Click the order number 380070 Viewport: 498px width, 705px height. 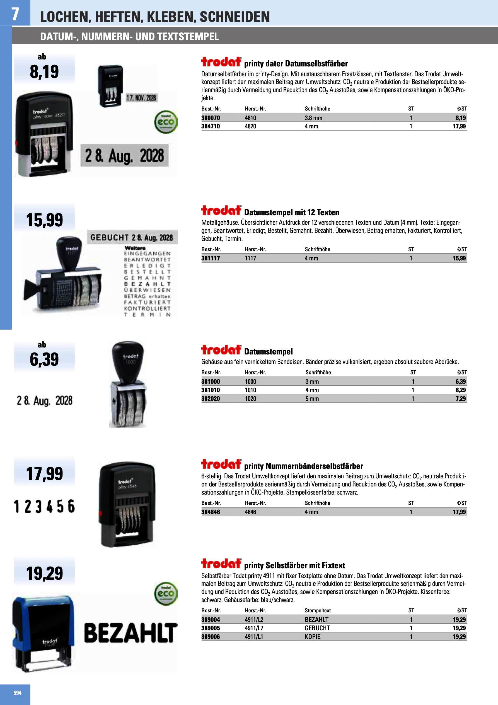(x=211, y=118)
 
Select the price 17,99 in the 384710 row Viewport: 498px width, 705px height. (x=459, y=126)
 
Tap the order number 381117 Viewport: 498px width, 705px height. (x=211, y=258)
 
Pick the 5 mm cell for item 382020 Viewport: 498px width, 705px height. (x=312, y=399)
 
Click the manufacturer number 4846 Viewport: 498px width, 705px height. (x=250, y=512)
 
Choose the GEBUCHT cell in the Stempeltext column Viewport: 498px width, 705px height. (x=317, y=628)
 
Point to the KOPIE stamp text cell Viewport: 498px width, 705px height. (x=312, y=637)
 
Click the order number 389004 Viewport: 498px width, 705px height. (x=211, y=620)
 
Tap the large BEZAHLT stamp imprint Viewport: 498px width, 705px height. (x=130, y=633)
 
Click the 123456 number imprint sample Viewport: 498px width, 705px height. (x=45, y=506)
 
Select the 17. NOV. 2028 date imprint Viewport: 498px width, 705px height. (x=141, y=98)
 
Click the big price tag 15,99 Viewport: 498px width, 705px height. (x=45, y=220)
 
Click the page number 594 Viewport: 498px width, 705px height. (x=18, y=693)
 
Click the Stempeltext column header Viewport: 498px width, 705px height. (x=318, y=610)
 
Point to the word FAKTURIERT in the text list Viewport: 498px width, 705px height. (x=147, y=302)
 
